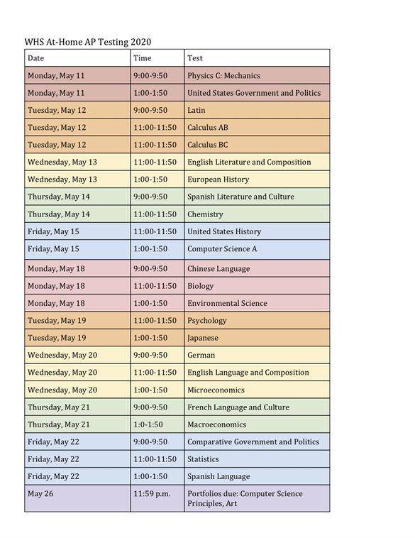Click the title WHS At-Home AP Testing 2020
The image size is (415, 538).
pyautogui.click(x=87, y=42)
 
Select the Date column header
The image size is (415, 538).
pyautogui.click(x=35, y=58)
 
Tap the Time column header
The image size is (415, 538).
pyautogui.click(x=143, y=58)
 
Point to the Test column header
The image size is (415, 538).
pyautogui.click(x=195, y=58)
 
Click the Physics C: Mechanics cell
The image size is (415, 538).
pyautogui.click(x=223, y=75)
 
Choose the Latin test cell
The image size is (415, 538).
pyautogui.click(x=197, y=110)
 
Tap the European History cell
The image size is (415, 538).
pyautogui.click(x=218, y=180)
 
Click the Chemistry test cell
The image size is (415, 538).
pyautogui.click(x=205, y=214)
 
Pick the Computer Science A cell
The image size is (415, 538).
pyautogui.click(x=222, y=249)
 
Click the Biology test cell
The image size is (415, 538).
pyautogui.click(x=201, y=286)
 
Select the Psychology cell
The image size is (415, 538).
pyautogui.click(x=207, y=321)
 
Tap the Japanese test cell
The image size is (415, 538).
pyautogui.click(x=203, y=338)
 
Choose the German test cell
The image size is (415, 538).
pyautogui.click(x=201, y=355)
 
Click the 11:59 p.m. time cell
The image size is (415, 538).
pyautogui.click(x=152, y=494)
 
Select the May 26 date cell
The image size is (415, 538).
pyautogui.click(x=40, y=494)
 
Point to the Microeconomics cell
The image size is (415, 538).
pyautogui.click(x=216, y=390)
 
